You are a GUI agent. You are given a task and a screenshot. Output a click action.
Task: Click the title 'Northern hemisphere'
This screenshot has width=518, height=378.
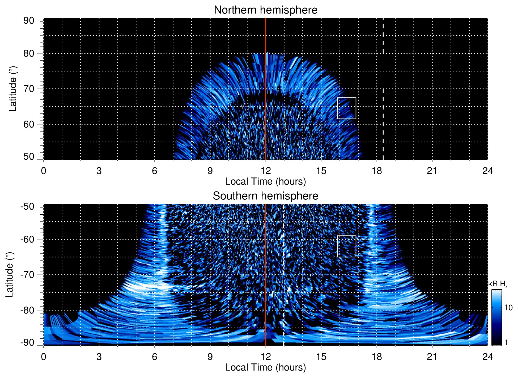[x=265, y=10]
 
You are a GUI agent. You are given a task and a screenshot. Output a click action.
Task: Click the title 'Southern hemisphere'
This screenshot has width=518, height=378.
[x=265, y=196]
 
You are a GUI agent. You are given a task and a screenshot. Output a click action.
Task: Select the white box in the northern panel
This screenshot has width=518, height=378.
[x=346, y=108]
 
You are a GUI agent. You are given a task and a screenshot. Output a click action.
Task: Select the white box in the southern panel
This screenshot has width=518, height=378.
[x=346, y=246]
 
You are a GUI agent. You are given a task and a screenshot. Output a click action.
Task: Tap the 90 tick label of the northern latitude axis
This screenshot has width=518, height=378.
[x=29, y=21]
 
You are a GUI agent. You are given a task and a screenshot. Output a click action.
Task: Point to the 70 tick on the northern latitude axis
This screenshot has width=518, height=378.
[x=29, y=89]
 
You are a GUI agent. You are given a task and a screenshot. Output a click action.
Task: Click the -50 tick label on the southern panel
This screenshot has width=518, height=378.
[x=27, y=206]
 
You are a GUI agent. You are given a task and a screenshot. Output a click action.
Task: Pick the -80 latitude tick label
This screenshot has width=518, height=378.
[x=27, y=310]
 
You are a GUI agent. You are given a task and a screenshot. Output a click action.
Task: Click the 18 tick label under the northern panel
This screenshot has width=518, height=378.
[x=377, y=171]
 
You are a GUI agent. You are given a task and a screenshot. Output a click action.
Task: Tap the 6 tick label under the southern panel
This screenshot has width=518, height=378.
[x=154, y=357]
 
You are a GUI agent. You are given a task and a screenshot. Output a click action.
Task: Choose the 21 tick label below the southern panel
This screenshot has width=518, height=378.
[x=432, y=357]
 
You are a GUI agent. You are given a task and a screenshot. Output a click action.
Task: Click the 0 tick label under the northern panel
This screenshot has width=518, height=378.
[x=44, y=171]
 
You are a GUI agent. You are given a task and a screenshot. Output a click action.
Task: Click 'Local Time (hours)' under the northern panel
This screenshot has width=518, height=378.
[x=265, y=181]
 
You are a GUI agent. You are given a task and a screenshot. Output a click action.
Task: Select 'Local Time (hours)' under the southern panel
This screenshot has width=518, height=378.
[x=265, y=367]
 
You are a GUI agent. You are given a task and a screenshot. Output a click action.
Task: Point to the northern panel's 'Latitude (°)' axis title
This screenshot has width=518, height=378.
[x=12, y=89]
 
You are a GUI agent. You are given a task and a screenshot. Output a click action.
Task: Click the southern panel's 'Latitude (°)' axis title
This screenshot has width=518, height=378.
[x=9, y=275]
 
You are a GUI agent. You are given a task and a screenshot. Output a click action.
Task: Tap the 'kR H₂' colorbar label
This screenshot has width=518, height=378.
[x=498, y=284]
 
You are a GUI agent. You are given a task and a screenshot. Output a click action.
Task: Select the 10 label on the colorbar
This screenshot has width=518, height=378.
[x=508, y=308]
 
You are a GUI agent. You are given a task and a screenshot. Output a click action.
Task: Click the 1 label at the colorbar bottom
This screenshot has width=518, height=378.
[x=506, y=343]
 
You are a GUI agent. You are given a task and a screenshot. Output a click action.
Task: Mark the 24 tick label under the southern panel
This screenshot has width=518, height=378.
[x=487, y=357]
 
